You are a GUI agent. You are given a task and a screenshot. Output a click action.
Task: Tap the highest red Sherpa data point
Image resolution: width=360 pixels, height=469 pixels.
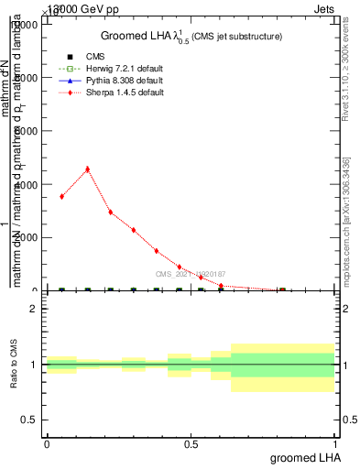[x=87, y=169]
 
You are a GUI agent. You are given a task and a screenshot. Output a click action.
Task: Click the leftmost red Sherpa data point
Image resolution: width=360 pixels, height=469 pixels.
[x=61, y=196]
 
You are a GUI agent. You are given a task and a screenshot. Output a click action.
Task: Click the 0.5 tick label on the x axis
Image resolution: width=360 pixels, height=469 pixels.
[x=191, y=442]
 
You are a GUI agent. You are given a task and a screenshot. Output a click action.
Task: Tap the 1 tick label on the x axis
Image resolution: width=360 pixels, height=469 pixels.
[x=335, y=442]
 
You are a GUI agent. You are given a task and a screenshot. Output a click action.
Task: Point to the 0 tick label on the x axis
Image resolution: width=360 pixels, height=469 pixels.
[x=47, y=442]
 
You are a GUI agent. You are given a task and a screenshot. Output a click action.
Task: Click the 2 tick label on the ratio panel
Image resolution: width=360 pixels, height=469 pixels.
[x=33, y=309]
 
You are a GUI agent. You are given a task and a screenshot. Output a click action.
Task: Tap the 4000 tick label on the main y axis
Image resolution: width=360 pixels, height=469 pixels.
[x=25, y=184]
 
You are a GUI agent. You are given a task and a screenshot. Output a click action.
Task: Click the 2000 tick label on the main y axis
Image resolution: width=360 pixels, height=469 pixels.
[x=25, y=237]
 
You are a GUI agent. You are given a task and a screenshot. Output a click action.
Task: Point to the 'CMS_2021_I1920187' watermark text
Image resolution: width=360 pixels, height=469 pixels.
[x=190, y=274]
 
